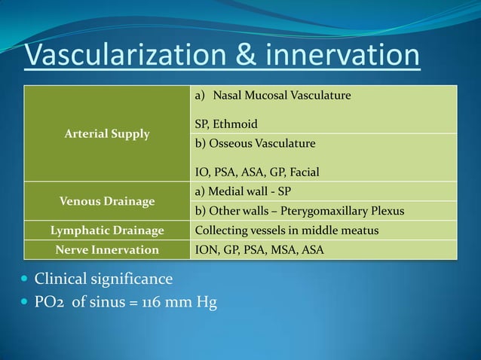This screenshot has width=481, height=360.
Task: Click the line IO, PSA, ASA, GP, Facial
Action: pyautogui.click(x=256, y=172)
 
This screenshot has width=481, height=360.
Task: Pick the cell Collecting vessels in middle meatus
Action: pyautogui.click(x=286, y=230)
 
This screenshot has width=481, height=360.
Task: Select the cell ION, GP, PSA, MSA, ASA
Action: pyautogui.click(x=259, y=249)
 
